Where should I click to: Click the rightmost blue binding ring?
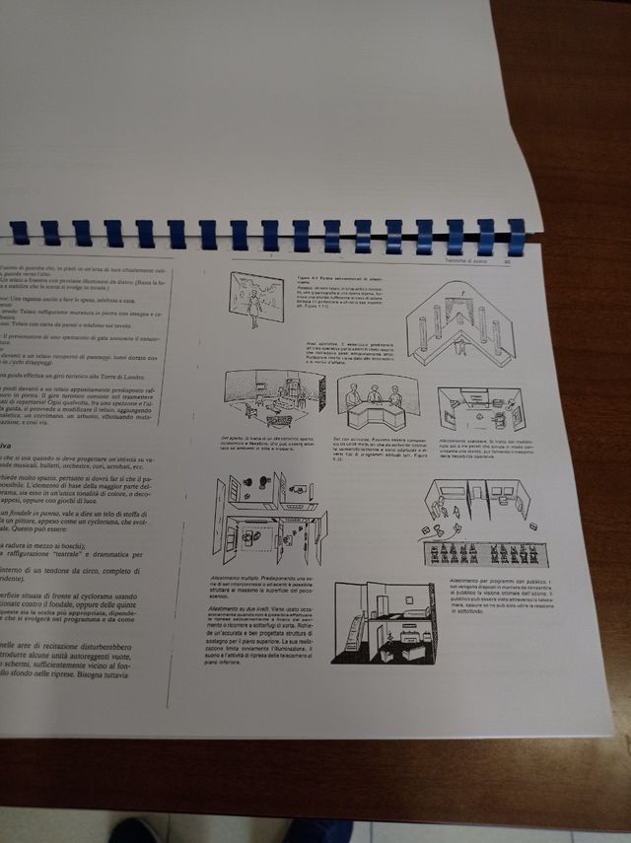516,235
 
